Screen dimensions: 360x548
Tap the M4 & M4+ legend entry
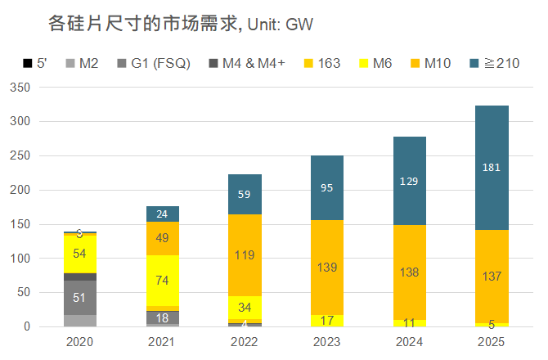(x=249, y=63)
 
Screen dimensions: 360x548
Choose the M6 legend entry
(x=371, y=63)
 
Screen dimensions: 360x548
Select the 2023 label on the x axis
(x=327, y=341)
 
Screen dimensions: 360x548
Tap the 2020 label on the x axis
(x=80, y=341)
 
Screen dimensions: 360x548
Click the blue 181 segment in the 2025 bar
(x=492, y=168)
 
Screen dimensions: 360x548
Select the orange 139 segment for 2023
(x=327, y=268)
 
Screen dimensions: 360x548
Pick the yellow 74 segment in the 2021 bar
(x=163, y=281)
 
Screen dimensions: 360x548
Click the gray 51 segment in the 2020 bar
(x=80, y=298)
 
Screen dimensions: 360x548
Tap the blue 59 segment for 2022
(x=245, y=195)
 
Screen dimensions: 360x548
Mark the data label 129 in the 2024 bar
(x=409, y=181)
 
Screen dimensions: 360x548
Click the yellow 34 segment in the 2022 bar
(x=245, y=308)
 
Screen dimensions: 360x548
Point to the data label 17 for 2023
(x=327, y=321)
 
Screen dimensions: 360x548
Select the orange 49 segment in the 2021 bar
(x=163, y=238)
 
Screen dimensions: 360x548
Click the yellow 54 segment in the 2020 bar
(x=80, y=254)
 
